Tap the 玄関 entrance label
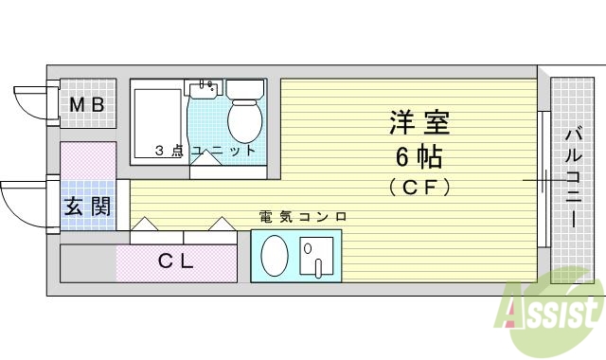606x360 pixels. (x=86, y=207)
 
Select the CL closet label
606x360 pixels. (x=175, y=262)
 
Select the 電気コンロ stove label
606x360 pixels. (x=303, y=217)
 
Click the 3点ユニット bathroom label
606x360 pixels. (x=207, y=151)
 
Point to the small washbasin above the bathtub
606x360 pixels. (x=204, y=90)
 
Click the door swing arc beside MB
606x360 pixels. (x=34, y=100)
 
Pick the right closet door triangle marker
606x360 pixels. (x=220, y=225)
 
